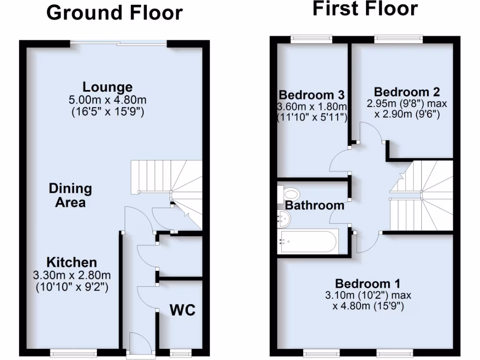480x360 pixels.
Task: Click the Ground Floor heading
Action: pos(114,13)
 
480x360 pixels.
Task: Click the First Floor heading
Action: pos(365,8)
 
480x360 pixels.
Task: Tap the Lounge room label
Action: pos(107,87)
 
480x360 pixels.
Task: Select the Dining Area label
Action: pos(70,195)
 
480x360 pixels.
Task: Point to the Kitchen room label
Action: pos(71,262)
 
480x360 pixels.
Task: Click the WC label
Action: pos(182,310)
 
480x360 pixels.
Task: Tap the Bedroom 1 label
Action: pos(368,284)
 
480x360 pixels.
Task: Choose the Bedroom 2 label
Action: pos(407,92)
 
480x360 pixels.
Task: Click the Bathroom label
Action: pos(315,205)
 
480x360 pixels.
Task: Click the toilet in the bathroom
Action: pos(289,193)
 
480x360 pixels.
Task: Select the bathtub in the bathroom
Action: pos(307,242)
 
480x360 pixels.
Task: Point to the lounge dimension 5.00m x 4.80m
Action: pos(108,100)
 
